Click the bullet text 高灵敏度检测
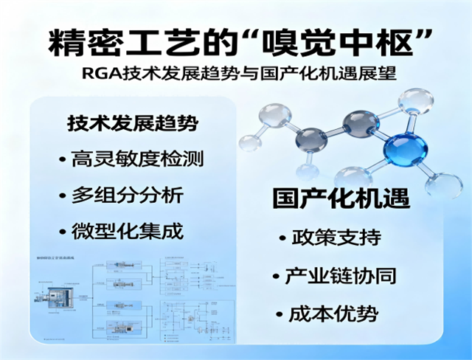[138, 159]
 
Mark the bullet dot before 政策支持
[283, 240]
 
